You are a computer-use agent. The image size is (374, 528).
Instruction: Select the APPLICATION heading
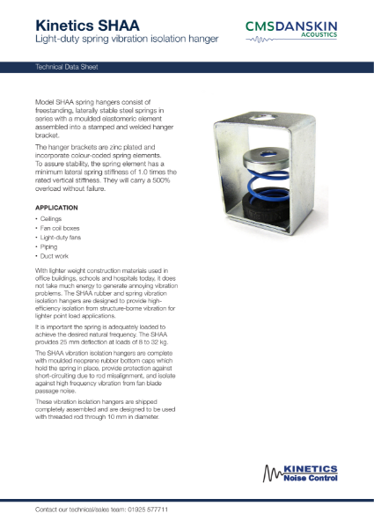point(57,207)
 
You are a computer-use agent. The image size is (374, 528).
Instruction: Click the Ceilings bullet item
point(50,217)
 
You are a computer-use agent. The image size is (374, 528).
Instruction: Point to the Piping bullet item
point(48,248)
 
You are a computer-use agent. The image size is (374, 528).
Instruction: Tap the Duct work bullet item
point(53,259)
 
